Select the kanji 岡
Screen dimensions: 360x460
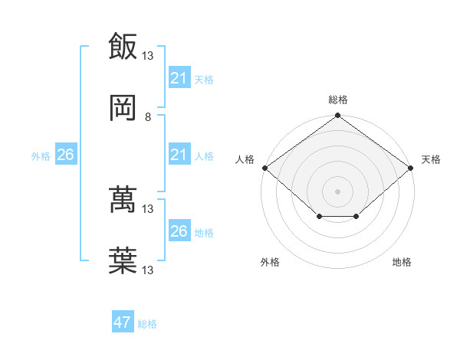[x=122, y=108]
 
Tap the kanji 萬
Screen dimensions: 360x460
[x=122, y=201]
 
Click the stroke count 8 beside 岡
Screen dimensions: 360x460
[x=147, y=117]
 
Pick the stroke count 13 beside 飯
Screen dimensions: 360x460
[x=148, y=55]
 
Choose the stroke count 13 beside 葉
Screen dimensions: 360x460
[x=148, y=270]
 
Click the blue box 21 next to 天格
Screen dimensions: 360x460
[x=179, y=78]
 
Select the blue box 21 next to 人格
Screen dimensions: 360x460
[x=179, y=155]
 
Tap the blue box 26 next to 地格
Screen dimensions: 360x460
[x=179, y=231]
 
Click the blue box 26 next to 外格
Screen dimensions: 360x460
[x=65, y=155]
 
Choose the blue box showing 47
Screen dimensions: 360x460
[x=122, y=322]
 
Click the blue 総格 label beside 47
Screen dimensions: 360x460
[x=147, y=324]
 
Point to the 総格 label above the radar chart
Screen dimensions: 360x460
[x=337, y=100]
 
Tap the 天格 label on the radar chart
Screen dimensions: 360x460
[x=431, y=159]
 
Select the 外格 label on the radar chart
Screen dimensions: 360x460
[x=270, y=263]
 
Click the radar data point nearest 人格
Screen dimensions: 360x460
[x=264, y=168]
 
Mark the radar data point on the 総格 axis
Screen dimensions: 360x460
[x=337, y=116]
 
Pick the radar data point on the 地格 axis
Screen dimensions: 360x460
[x=356, y=218]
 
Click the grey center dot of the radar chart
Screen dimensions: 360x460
[x=337, y=191]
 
